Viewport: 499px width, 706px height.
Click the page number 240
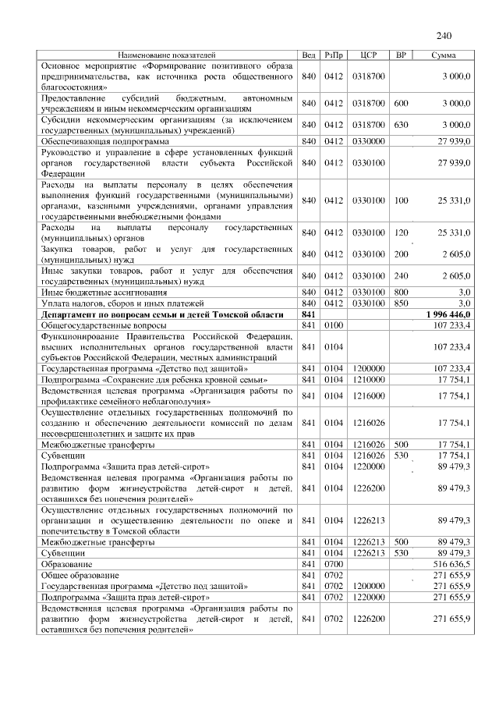click(444, 36)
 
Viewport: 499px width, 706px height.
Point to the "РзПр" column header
click(334, 55)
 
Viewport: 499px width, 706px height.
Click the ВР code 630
click(401, 125)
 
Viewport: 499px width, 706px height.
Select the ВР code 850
click(401, 302)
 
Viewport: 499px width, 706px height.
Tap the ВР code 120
click(401, 232)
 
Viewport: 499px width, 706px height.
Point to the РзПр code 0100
click(334, 324)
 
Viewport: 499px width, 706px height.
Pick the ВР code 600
click(401, 103)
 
